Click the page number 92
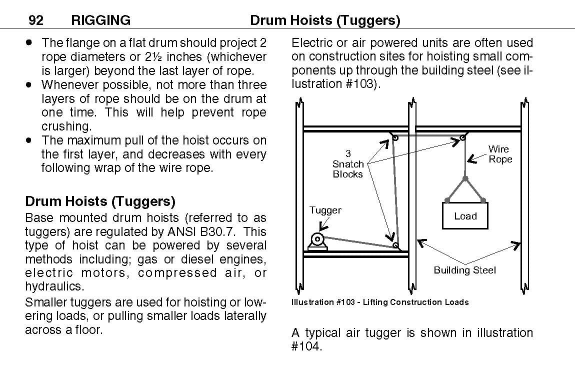point(35,20)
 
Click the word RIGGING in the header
point(101,20)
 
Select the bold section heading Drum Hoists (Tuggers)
point(100,201)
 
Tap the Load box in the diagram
point(465,216)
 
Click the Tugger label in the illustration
point(325,210)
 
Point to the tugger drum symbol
point(317,238)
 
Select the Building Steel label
point(464,270)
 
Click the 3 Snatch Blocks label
point(348,164)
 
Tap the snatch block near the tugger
point(396,245)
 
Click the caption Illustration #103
point(380,302)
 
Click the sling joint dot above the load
point(465,178)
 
